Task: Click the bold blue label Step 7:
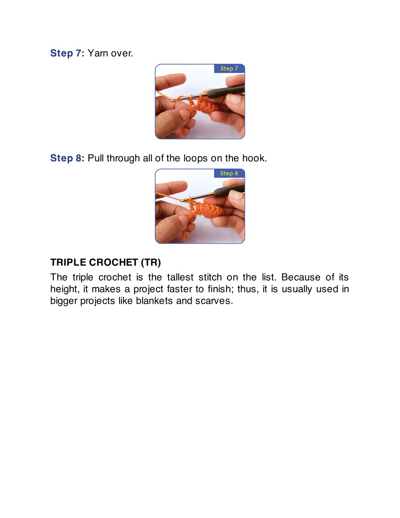(67, 53)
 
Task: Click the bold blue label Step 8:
(67, 158)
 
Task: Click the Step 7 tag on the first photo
(229, 68)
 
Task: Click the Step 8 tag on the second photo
(229, 173)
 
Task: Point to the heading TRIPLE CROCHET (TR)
(105, 263)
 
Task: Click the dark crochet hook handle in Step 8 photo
(229, 190)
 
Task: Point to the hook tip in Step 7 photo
(173, 101)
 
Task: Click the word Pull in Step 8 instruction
(96, 158)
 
